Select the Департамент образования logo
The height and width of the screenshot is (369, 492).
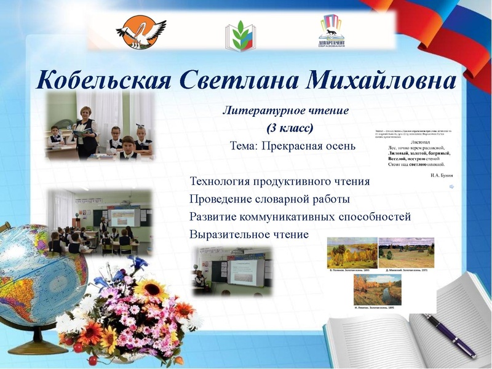coord(330,31)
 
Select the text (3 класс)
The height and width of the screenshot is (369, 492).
coord(290,129)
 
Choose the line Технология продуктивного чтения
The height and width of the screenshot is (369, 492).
coord(280,181)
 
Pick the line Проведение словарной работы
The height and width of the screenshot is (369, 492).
coord(269,199)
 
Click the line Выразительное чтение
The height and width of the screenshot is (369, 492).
coord(249,234)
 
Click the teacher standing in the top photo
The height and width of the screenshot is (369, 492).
coord(85,129)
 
